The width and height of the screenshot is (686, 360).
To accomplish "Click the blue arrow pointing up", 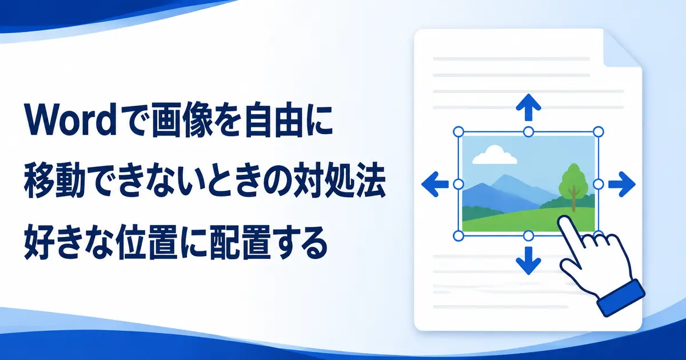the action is pos(528,107).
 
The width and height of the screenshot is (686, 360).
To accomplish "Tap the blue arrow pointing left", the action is pos(435,184).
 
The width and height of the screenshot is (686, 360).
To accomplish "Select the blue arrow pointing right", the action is pos(622,184).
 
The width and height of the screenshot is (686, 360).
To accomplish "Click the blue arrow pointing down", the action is pos(528,261).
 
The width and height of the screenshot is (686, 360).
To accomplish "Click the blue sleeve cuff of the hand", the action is pos(621,298).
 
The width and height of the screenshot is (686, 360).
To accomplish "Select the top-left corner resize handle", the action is pos(458,132).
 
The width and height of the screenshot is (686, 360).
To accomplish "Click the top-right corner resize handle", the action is pos(599,132).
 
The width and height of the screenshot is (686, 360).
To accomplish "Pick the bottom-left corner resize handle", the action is pos(458,236).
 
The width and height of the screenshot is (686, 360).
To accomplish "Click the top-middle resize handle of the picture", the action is pos(528,132).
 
